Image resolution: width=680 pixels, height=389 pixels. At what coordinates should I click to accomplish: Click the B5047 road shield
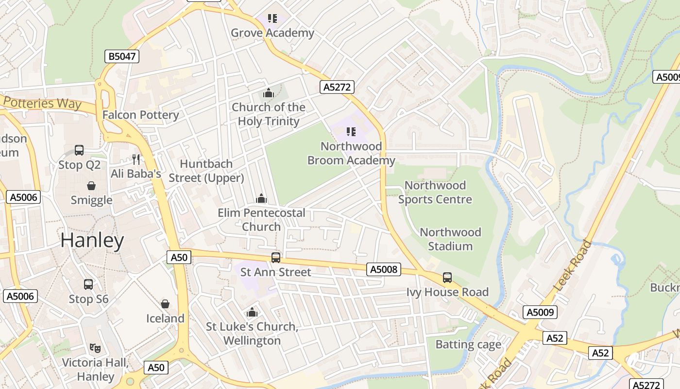point(122,56)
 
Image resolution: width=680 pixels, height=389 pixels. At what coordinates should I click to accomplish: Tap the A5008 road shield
point(384,269)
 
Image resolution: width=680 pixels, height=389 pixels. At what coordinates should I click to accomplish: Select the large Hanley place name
point(92,241)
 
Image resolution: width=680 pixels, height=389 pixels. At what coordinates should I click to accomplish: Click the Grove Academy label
point(272,33)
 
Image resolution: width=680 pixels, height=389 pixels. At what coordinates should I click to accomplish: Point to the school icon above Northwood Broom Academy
point(351,132)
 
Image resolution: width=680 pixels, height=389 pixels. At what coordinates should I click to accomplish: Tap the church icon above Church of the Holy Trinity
point(268,93)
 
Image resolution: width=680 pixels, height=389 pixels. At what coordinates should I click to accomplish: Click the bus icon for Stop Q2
point(79,150)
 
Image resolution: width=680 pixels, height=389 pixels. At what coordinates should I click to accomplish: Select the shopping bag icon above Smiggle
point(91,186)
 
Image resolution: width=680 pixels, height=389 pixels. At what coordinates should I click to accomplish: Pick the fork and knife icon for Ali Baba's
point(136,159)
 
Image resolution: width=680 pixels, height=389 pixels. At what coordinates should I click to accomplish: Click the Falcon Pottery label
point(140,115)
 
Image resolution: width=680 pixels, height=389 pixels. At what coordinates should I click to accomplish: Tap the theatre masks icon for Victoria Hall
point(95,348)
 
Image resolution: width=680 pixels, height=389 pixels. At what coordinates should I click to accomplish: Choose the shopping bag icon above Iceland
point(165,304)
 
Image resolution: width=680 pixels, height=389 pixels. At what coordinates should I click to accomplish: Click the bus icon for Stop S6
point(88,284)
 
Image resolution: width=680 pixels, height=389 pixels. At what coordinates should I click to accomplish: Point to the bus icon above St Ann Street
point(276,258)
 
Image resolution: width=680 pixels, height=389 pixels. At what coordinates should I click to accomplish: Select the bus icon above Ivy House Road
point(447,278)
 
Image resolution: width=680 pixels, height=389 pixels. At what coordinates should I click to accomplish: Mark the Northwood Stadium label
point(450,239)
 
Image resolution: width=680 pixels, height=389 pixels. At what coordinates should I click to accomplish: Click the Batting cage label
point(468,345)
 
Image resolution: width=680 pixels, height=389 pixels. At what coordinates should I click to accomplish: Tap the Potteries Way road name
point(42,103)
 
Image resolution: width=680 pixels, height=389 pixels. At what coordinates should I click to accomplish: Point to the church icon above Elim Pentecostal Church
point(261,198)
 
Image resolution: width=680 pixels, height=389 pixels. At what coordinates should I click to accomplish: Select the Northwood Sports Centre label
point(435,193)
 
